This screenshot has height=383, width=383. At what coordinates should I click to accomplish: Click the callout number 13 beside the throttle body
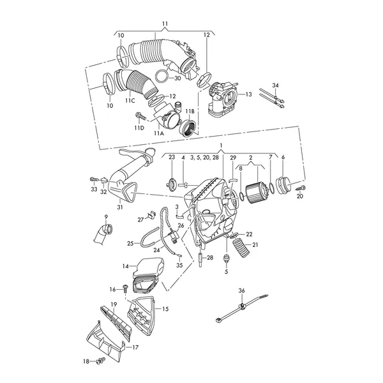pos(248,94)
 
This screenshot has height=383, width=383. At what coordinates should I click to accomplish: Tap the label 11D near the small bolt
pos(139,128)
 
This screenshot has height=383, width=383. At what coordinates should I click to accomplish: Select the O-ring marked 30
pos(161,77)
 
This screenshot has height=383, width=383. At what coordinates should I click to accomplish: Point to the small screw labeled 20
pos(301,188)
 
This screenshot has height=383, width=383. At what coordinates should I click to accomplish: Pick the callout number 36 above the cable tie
pos(241,290)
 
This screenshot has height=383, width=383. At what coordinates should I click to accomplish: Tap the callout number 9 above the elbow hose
pos(106,216)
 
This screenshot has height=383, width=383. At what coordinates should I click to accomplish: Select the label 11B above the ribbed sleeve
pos(190,112)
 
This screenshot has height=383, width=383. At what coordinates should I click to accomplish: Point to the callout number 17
pos(135,347)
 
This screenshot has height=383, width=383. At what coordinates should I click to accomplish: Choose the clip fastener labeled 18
pos(101,360)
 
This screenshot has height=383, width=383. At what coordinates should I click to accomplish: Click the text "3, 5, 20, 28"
pos(204,158)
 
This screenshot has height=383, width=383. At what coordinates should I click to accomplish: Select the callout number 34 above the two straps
pos(275,86)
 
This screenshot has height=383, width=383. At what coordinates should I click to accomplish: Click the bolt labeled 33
pos(94,179)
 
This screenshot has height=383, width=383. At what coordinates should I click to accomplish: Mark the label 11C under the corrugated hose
pos(130,101)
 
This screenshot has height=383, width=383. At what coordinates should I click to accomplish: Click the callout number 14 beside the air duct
pos(126,266)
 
